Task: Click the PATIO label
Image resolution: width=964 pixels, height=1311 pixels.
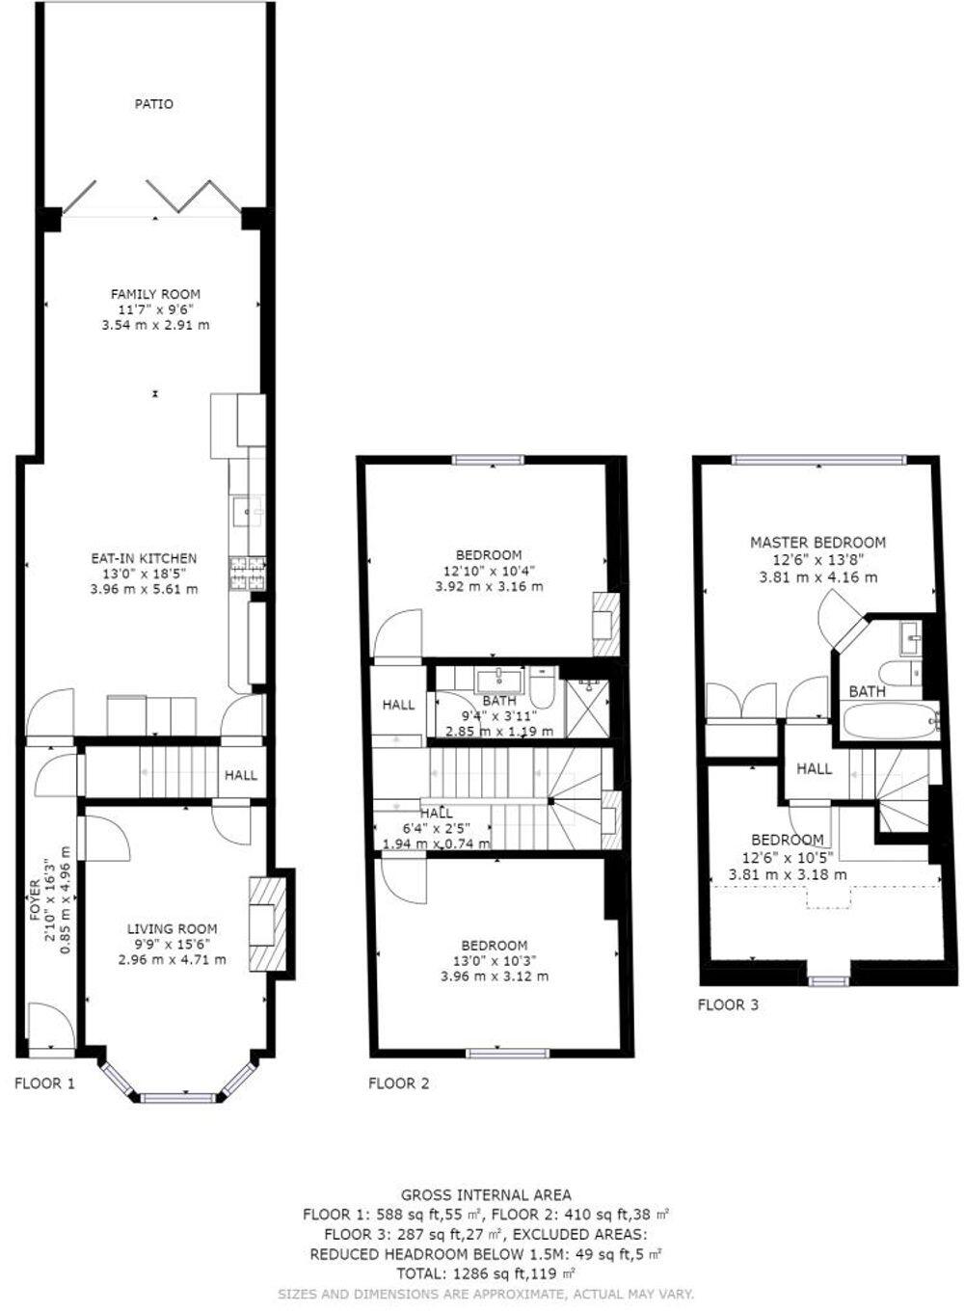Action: tap(154, 103)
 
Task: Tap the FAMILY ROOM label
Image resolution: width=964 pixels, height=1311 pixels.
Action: tap(155, 294)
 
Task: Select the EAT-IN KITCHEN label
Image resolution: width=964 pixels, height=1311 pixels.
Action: tap(144, 558)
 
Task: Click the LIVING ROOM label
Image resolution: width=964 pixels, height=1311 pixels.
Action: tap(173, 929)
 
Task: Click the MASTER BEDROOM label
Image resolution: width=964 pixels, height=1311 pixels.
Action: tap(817, 543)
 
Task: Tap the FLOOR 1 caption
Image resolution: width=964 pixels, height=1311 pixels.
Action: tap(44, 1084)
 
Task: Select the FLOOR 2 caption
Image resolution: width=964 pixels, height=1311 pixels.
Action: tap(398, 1084)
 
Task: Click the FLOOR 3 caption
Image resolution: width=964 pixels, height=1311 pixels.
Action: tap(728, 1004)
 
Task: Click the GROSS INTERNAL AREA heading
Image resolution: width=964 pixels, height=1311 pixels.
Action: tap(486, 1195)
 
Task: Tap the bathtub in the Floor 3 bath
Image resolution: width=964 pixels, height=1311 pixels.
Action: tap(890, 719)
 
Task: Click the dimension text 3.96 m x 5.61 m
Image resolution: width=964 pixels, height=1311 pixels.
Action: tap(144, 588)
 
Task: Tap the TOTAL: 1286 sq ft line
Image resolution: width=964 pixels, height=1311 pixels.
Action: tap(486, 1273)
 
